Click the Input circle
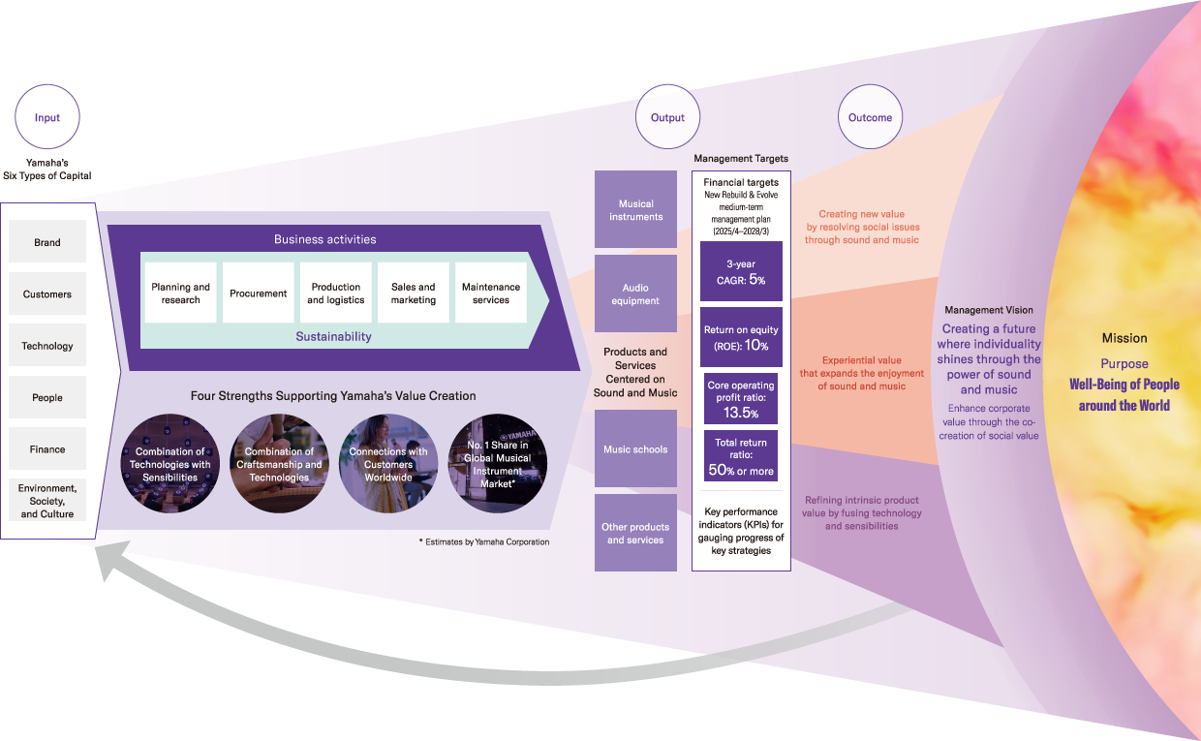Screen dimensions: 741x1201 (x=47, y=117)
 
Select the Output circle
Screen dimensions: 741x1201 (x=667, y=117)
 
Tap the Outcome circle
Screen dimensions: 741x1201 (x=870, y=117)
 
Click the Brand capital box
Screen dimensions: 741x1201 (x=47, y=242)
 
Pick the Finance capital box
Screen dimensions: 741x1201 (x=47, y=448)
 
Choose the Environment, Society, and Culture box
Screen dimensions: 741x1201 (x=47, y=500)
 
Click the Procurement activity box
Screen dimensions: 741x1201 (x=259, y=293)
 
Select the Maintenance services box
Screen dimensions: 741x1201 (x=491, y=293)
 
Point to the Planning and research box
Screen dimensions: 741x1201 (x=181, y=293)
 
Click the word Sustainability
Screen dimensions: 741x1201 (x=333, y=336)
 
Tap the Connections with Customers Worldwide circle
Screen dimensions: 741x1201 (x=388, y=464)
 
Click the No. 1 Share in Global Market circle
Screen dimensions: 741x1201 (x=497, y=464)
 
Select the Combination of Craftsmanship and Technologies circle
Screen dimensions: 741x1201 (x=279, y=464)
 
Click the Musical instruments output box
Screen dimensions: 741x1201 (x=635, y=209)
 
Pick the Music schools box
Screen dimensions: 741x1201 (x=635, y=448)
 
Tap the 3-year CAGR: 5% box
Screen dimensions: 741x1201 (x=741, y=271)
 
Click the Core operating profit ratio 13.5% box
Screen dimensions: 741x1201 (x=741, y=398)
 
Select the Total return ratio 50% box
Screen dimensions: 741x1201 (x=741, y=457)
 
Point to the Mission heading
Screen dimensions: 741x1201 (x=1124, y=338)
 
